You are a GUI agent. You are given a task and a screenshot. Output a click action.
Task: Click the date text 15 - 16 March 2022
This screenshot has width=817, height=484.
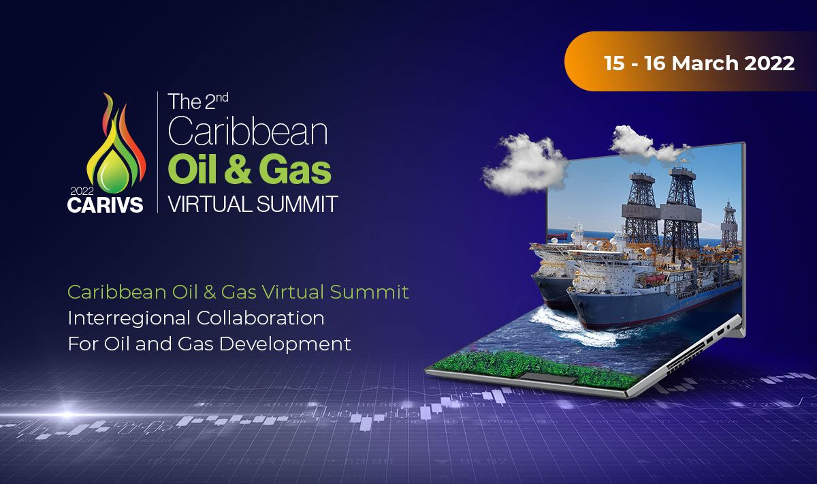point(699,63)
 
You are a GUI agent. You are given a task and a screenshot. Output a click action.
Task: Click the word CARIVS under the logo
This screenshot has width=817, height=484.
point(105,205)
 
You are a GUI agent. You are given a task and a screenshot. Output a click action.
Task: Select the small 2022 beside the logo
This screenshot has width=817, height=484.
point(82,191)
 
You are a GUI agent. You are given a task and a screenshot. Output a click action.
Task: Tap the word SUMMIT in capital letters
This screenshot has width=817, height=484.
point(298,204)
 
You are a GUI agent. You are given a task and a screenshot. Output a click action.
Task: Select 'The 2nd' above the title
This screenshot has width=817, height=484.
point(198,101)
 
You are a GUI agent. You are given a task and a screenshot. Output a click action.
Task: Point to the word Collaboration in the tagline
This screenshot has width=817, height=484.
point(260,318)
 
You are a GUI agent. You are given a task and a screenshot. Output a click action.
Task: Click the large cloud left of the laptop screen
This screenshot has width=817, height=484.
point(524,164)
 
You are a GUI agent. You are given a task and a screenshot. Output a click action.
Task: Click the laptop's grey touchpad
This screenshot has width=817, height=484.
point(549,378)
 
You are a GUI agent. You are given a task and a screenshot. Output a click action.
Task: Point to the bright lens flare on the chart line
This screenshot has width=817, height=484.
point(67,414)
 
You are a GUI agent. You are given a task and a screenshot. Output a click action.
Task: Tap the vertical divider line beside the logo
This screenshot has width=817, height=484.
point(157,152)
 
